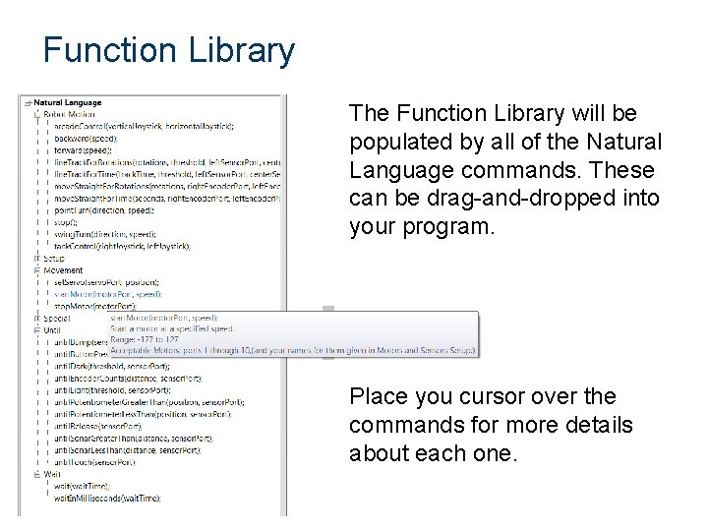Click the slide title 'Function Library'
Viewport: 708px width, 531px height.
coord(168,50)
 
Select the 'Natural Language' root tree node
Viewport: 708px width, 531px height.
coord(68,102)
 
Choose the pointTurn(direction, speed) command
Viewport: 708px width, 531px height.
coord(104,209)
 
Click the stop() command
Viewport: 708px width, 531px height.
coord(69,221)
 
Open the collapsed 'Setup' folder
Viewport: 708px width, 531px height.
coord(54,259)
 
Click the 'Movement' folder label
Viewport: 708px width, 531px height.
coord(63,270)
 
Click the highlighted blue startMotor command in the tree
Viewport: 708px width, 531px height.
coord(107,294)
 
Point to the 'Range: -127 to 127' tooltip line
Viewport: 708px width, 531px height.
coord(146,339)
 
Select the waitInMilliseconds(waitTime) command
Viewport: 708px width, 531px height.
coord(107,498)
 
